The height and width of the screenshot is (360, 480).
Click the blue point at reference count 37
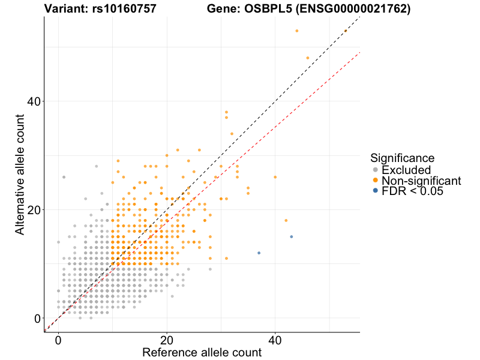[259, 253]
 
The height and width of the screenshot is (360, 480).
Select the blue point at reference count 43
[292, 237]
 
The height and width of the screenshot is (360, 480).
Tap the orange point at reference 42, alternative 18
[286, 221]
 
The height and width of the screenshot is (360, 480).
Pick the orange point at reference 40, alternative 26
[275, 177]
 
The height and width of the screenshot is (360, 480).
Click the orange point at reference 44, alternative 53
[297, 31]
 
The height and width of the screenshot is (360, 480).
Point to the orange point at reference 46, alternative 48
[308, 58]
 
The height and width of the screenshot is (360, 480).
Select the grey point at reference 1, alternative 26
[64, 177]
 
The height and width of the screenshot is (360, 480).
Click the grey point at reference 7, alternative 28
[96, 166]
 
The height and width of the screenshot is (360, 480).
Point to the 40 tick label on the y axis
[33, 101]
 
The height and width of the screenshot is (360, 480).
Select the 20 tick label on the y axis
[33, 210]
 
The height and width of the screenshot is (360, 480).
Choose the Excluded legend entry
[406, 170]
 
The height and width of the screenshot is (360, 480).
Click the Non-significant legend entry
[421, 181]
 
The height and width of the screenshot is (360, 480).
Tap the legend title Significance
[402, 158]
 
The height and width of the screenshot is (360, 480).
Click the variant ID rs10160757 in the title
[116, 9]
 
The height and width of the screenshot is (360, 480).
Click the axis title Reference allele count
[202, 353]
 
